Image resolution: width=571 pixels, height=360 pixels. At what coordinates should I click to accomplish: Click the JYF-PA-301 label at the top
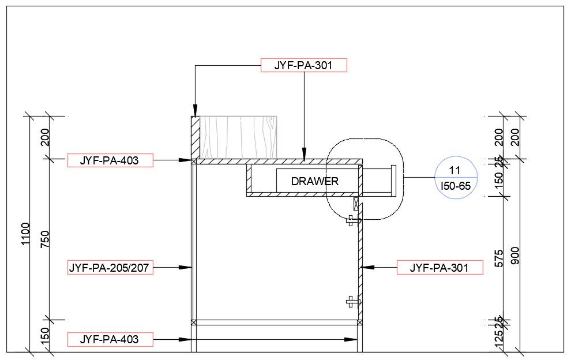click(x=304, y=65)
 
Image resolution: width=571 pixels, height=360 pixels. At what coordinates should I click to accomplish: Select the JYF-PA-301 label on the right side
click(x=439, y=268)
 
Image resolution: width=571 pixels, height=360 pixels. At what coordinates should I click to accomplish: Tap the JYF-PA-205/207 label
click(x=110, y=268)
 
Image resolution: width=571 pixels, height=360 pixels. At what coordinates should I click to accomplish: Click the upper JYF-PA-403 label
click(x=110, y=160)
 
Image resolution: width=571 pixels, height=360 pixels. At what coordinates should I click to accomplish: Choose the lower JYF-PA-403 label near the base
click(x=110, y=339)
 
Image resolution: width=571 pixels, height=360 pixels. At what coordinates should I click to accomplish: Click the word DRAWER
click(x=314, y=181)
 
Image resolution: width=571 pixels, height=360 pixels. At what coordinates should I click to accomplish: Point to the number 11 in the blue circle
click(x=454, y=170)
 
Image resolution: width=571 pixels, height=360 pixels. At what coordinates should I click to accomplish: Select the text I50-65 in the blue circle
click(x=454, y=186)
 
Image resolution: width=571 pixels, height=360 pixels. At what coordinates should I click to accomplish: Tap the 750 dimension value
click(x=46, y=239)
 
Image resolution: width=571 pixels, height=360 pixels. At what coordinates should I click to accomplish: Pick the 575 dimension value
click(x=499, y=258)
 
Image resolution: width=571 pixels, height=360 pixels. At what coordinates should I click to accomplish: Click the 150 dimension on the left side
click(x=46, y=335)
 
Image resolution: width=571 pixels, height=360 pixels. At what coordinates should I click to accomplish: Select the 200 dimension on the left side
click(x=46, y=137)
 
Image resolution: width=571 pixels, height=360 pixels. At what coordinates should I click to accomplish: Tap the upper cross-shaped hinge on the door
click(x=352, y=220)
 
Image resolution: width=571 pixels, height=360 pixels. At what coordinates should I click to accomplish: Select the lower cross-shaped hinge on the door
click(x=352, y=301)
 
